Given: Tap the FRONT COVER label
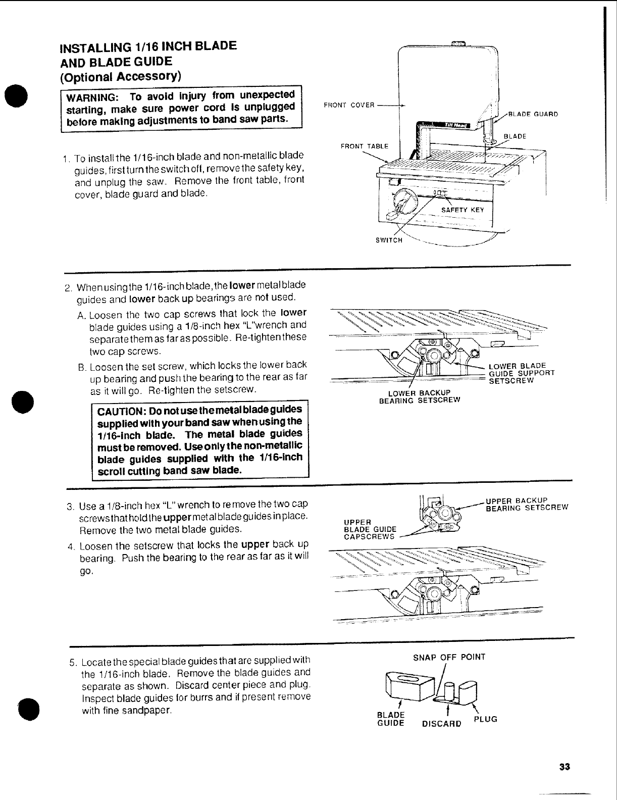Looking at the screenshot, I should [349, 105].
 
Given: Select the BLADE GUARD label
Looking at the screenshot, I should [533, 114].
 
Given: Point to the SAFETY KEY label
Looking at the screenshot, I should [462, 210].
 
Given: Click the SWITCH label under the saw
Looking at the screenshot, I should [389, 240].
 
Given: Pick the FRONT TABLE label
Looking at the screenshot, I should [365, 146].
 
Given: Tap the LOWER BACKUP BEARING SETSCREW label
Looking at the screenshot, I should [419, 397].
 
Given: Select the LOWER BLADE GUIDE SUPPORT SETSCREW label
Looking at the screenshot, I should [522, 373].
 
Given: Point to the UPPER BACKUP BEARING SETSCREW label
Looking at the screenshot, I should [527, 505].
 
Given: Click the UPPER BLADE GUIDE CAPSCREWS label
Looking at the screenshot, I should [368, 529].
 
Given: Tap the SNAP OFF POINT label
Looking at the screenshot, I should [449, 657].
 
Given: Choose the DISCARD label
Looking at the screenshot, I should [441, 723].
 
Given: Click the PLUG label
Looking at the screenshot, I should [485, 719].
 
